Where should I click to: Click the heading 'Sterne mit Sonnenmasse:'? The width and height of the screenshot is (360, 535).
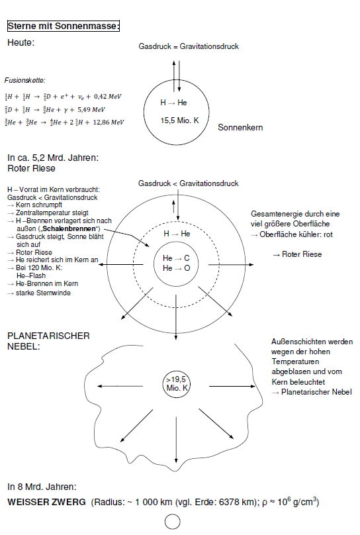(x=63, y=26)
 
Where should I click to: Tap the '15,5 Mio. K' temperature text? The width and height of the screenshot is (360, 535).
(x=180, y=121)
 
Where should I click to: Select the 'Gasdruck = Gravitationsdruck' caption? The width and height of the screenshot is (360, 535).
(x=189, y=46)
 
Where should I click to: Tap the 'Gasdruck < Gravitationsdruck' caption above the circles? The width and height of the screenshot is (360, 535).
(x=189, y=183)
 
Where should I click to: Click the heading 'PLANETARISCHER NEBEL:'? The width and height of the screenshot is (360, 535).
(x=48, y=340)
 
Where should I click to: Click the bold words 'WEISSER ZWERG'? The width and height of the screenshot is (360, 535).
(x=46, y=503)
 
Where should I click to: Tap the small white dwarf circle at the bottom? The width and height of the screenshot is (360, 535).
(x=173, y=522)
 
